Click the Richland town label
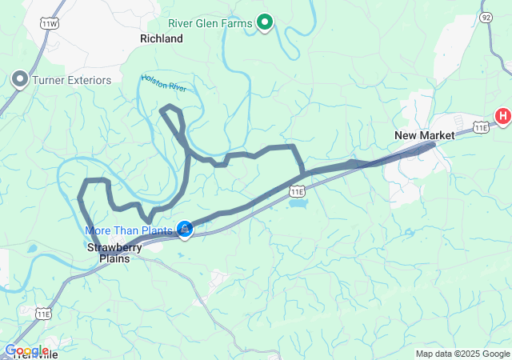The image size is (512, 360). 161,38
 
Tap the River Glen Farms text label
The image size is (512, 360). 211,23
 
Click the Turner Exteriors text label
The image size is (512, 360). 69,78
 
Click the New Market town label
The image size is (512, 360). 424,135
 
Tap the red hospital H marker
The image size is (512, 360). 503,117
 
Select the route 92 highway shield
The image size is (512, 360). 486,16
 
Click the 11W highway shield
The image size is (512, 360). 51,25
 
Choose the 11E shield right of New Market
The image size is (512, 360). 480,126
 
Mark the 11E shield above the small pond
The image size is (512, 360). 297,191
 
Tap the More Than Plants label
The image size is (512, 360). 129,230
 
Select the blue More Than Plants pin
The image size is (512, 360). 184,230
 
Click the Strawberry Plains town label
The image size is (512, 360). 114,253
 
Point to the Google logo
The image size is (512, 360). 26,350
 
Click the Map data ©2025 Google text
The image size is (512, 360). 462,354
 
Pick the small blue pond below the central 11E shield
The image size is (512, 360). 297,203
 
